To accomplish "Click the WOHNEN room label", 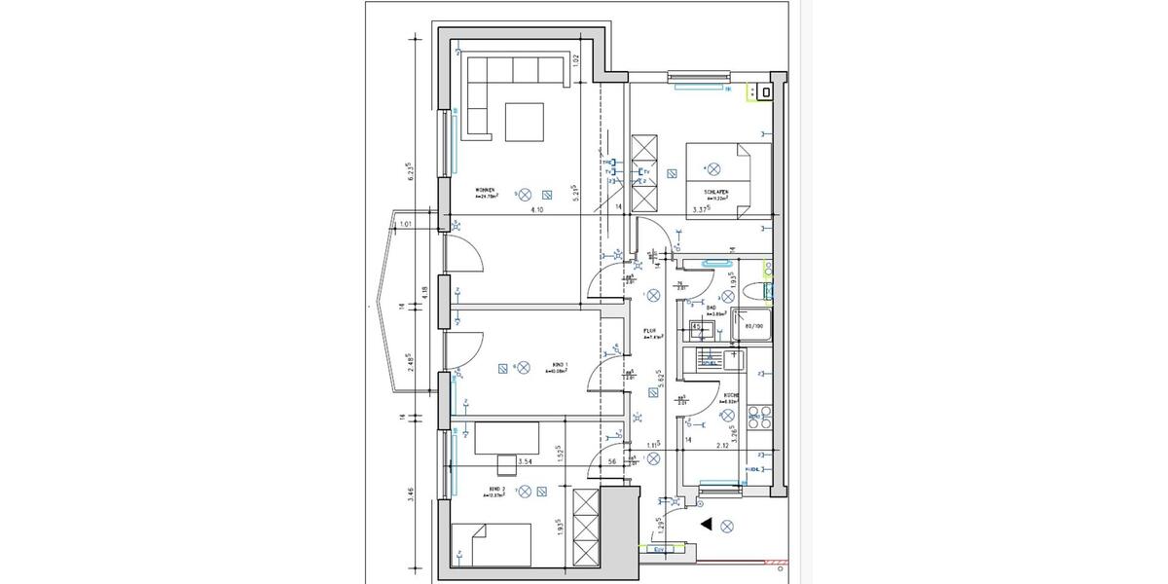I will (x=485, y=190).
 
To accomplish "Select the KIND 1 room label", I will (x=558, y=365).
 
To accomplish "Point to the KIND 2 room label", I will (x=495, y=489).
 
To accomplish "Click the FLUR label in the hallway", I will (x=649, y=330).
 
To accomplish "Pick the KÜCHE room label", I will (x=730, y=395).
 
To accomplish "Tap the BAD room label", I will (x=712, y=307).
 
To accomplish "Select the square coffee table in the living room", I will (x=525, y=122).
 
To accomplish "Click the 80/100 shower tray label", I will (x=754, y=327).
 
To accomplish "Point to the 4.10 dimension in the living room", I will (x=536, y=209).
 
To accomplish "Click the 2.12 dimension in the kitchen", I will (x=723, y=447).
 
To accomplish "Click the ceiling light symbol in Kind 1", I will (x=524, y=367).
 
